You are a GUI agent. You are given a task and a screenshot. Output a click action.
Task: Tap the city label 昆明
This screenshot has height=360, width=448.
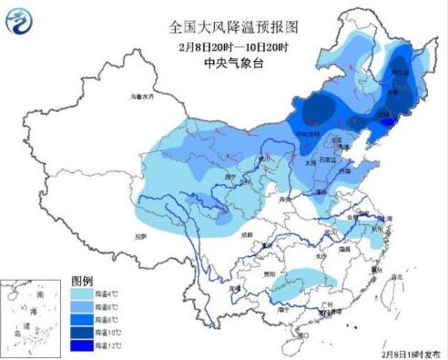(x=235, y=287)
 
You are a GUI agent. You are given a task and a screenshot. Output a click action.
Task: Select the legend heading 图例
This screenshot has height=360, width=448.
(x=82, y=283)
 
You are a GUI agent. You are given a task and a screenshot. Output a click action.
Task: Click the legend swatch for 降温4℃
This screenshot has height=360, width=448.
(x=82, y=295)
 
